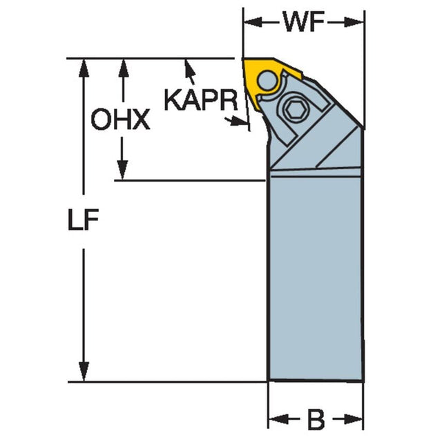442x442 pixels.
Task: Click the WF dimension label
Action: (304, 22)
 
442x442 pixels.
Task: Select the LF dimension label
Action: (83, 220)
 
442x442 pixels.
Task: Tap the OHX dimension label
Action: (120, 119)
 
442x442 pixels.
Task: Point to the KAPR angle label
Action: (201, 100)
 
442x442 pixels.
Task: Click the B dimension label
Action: (316, 421)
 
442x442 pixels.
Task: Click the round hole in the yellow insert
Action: (268, 80)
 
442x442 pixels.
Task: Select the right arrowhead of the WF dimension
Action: (354, 22)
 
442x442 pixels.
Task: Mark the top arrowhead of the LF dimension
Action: (84, 68)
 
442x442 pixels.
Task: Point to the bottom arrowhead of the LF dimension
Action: (84, 372)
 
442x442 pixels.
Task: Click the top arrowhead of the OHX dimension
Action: (123, 68)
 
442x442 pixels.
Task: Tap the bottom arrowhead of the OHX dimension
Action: (122, 170)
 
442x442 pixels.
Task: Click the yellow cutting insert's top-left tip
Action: (243, 59)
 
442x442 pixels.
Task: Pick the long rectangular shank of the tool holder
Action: (315, 278)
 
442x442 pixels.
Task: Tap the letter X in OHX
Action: (140, 119)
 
